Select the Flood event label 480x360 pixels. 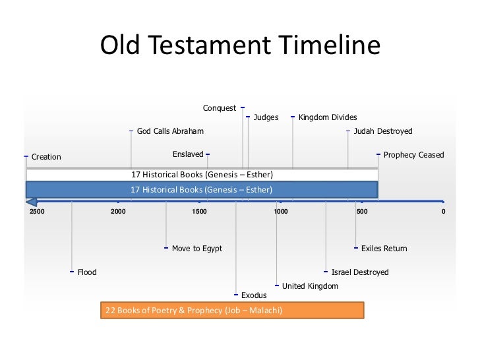click(x=87, y=272)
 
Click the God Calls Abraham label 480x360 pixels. click(x=170, y=131)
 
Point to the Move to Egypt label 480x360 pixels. click(x=196, y=249)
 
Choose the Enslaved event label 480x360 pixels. click(x=188, y=154)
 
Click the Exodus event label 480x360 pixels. click(x=254, y=295)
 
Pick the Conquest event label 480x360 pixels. click(x=219, y=108)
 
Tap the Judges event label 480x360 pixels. click(x=266, y=118)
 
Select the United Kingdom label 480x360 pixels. click(x=310, y=286)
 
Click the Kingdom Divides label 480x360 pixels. click(x=328, y=118)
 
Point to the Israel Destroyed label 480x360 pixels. click(x=360, y=272)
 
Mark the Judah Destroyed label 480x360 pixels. click(x=383, y=131)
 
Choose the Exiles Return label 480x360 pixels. click(x=384, y=249)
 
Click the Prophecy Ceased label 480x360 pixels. click(x=414, y=155)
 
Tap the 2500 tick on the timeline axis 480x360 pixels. click(x=37, y=212)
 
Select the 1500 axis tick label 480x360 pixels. click(x=199, y=212)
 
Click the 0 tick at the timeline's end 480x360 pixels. click(x=444, y=212)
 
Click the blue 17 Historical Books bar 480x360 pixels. click(x=202, y=190)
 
